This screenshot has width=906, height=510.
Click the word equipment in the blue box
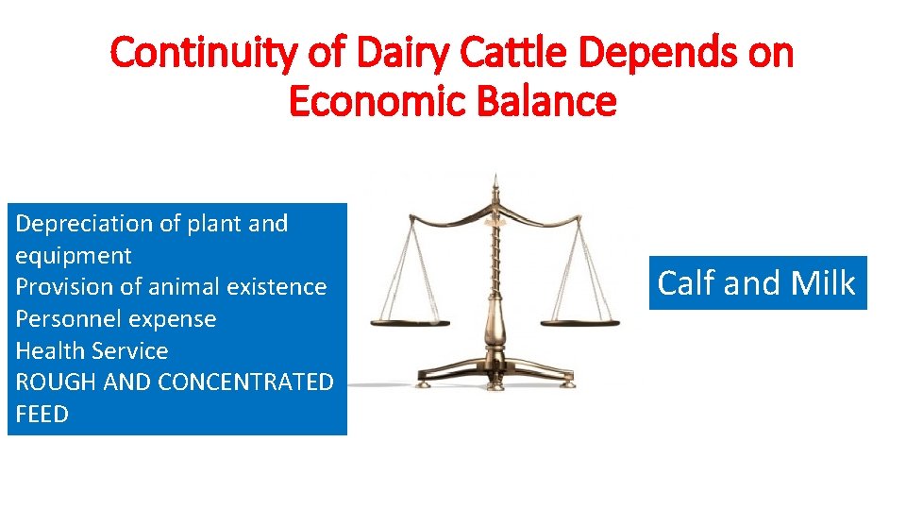tap(74, 256)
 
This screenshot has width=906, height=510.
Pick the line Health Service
tap(92, 351)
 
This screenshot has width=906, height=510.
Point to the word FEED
tap(42, 414)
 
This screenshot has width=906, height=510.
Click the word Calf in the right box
tap(691, 283)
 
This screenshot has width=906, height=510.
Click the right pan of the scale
tap(579, 321)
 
